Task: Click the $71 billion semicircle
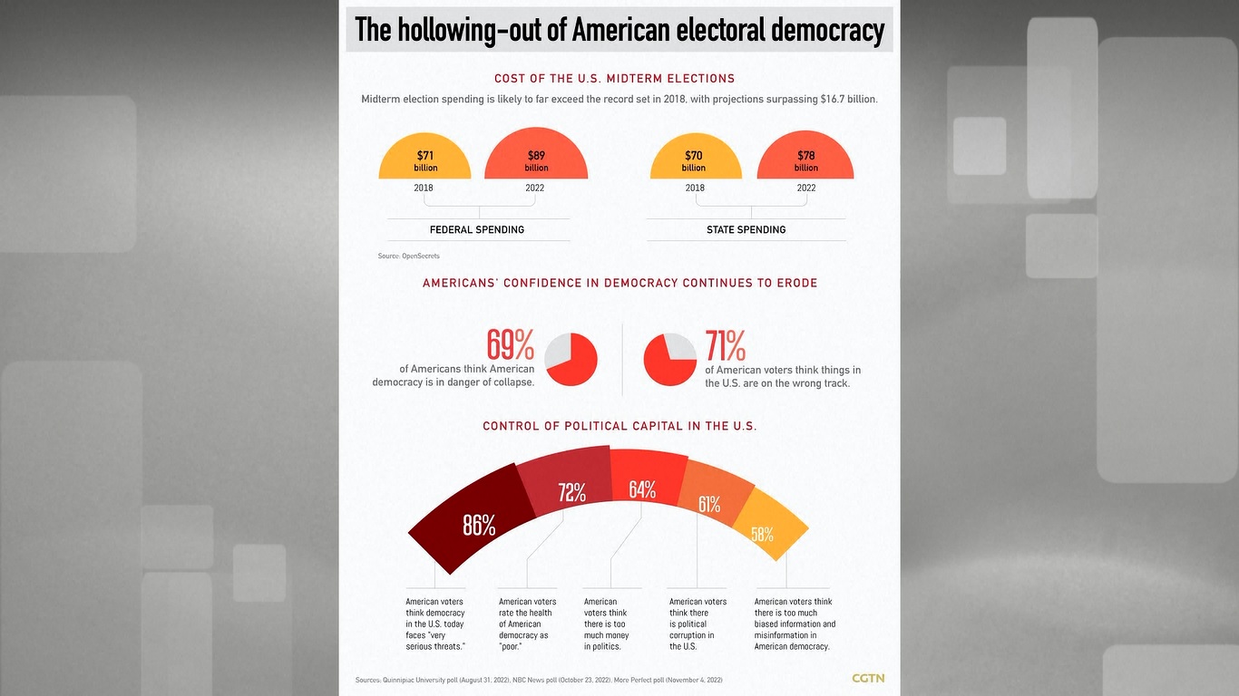coord(424,159)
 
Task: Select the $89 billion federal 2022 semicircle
coord(536,158)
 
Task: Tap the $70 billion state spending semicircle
coord(695,159)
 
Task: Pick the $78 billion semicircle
coord(805,159)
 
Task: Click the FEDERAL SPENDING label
coord(477,230)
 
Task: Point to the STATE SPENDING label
coord(746,230)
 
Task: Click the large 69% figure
coord(511,344)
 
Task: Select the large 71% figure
coord(726,345)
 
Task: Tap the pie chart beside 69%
coord(571,360)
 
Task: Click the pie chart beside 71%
coord(670,360)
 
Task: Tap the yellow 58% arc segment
coord(767,529)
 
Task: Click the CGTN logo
coord(868,678)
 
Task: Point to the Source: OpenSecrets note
coord(408,256)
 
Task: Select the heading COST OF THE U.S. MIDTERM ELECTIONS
coord(614,79)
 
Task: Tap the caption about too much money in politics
coord(606,623)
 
